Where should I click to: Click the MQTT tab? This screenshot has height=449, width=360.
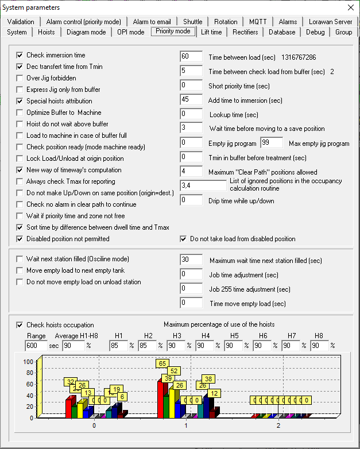[258, 22]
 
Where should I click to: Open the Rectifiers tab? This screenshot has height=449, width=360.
[245, 32]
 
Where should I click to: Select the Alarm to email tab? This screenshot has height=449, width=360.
[152, 22]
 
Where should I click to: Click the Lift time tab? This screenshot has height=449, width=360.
[211, 32]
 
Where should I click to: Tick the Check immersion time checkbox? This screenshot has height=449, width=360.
[21, 55]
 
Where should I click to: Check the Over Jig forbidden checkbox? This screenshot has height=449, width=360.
[21, 78]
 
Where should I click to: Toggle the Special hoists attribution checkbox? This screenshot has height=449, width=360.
[21, 101]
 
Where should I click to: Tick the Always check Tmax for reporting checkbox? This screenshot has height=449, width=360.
[21, 181]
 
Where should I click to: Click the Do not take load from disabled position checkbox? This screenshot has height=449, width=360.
[184, 239]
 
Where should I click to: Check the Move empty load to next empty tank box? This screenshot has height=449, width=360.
[21, 270]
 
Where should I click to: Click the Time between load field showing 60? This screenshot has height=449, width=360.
[191, 57]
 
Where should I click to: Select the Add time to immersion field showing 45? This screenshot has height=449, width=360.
[191, 100]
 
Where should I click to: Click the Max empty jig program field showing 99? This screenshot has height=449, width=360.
[271, 142]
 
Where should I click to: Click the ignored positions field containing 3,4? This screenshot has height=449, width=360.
[203, 185]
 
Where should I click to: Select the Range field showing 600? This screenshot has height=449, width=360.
[36, 346]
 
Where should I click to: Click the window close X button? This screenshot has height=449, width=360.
[350, 7]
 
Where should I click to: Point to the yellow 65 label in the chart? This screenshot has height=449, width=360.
[163, 363]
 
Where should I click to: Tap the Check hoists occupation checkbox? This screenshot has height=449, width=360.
[21, 325]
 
